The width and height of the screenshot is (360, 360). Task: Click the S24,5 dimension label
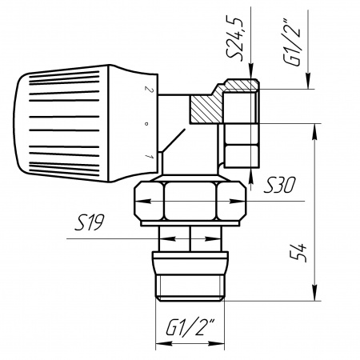click(x=234, y=38)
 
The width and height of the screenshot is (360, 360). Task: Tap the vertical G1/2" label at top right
click(x=292, y=42)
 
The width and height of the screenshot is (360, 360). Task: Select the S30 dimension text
click(x=279, y=186)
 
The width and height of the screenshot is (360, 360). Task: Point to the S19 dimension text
click(x=90, y=222)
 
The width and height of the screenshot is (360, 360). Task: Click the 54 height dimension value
click(x=298, y=253)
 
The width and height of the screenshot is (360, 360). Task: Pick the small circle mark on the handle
click(x=146, y=123)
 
